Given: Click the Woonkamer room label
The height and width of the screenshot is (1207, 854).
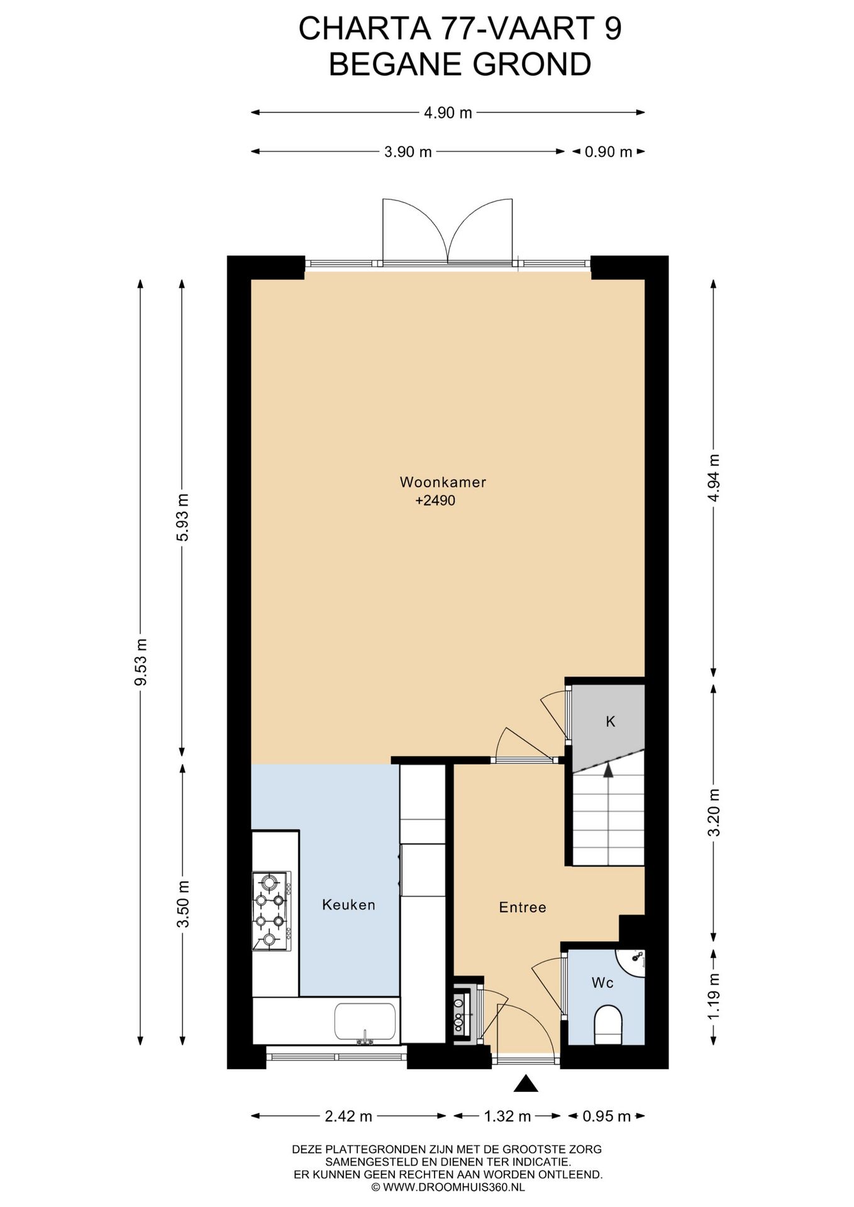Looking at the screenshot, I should point(443,482).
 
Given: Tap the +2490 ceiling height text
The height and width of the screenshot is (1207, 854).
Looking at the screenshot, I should point(435,500).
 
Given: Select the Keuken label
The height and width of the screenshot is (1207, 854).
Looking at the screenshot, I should point(348,905).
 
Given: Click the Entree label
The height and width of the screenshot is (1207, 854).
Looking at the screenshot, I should point(522,907).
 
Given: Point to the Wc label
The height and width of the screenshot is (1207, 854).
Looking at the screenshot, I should point(602,982).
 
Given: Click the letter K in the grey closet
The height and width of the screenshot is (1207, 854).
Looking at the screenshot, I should point(610,722).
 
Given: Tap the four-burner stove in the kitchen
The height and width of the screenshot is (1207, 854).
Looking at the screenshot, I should point(272,911).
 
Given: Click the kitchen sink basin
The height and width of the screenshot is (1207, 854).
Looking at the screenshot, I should point(365,1022).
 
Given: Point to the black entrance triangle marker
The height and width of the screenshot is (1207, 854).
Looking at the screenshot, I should point(526,1084).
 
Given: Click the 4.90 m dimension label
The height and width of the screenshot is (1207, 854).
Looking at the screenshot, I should point(448,113).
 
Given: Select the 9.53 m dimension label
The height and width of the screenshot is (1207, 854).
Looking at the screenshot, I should point(141,662).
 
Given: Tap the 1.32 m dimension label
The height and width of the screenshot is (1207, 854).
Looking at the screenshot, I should point(507,1116).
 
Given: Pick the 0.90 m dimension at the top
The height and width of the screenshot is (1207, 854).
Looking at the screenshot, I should point(607,152).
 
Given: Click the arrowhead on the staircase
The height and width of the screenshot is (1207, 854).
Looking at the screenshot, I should point(608,770).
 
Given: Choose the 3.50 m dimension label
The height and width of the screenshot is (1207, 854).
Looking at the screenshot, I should point(182,903).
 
